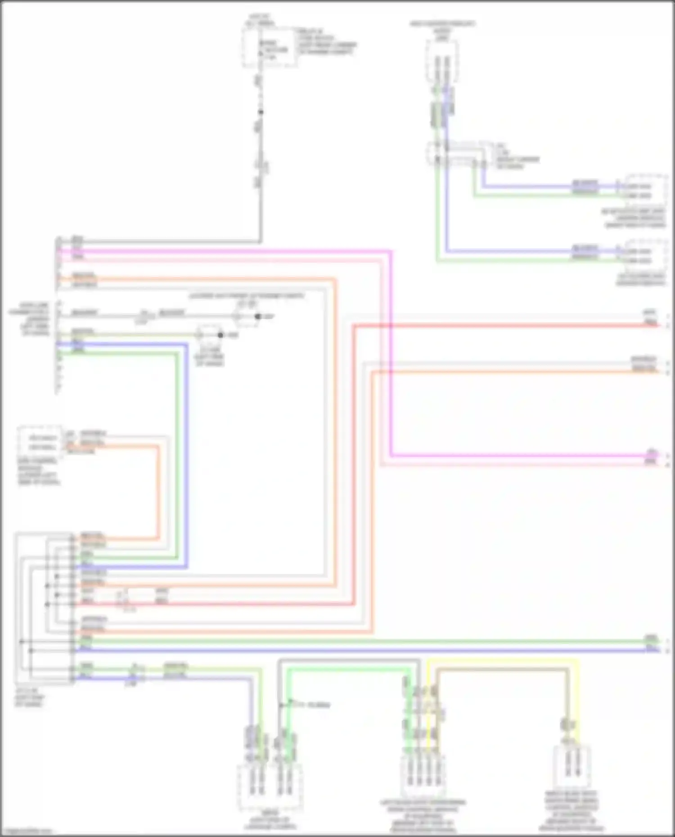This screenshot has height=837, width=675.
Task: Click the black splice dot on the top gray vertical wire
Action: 260,112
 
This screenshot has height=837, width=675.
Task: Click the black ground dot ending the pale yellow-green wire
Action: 220,335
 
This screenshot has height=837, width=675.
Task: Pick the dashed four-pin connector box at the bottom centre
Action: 423,776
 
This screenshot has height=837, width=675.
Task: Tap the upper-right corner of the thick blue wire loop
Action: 186,345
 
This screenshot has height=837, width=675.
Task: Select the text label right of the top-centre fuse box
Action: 327,42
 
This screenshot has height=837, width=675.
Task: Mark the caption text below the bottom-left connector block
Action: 30,697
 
